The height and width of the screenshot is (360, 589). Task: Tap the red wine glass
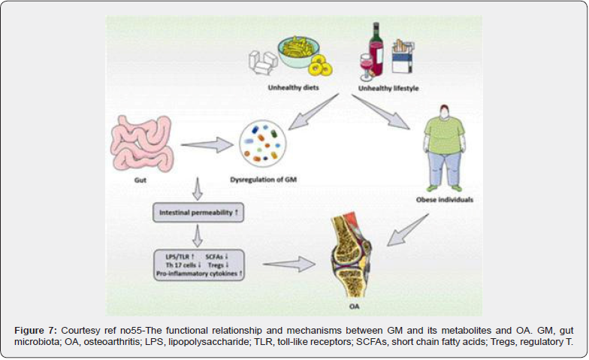[x=367, y=67]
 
